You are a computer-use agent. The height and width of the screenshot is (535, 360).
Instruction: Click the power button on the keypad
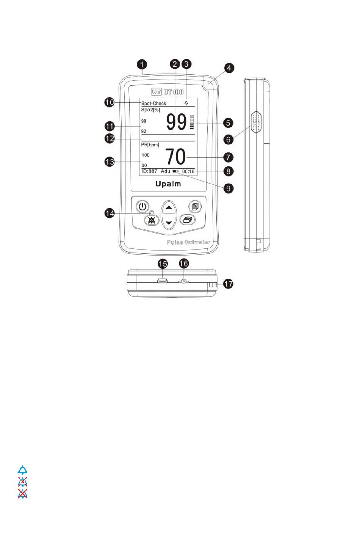[x=142, y=207]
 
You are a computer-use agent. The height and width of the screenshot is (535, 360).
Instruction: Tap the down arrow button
[x=169, y=223]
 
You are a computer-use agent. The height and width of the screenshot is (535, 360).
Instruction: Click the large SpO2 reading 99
[x=176, y=122]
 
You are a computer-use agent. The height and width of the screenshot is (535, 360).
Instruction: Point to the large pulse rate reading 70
[x=175, y=156]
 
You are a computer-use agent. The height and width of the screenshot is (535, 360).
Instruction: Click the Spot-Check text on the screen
[x=153, y=103]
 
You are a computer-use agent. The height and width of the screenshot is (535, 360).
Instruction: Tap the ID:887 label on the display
[x=149, y=171]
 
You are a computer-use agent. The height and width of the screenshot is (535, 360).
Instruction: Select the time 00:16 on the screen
[x=188, y=171]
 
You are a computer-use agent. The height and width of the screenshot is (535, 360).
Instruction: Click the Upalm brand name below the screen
[x=168, y=184]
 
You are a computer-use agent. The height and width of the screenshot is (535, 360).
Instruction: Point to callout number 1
[x=142, y=64]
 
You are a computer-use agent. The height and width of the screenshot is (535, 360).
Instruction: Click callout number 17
[x=228, y=284]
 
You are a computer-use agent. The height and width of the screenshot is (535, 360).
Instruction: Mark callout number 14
[x=110, y=214]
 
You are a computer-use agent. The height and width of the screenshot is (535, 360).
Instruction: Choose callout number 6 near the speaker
[x=228, y=139]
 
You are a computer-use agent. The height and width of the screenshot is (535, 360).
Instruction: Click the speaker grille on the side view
[x=256, y=122]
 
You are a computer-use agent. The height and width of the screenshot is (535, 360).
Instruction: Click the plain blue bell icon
[x=23, y=470]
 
